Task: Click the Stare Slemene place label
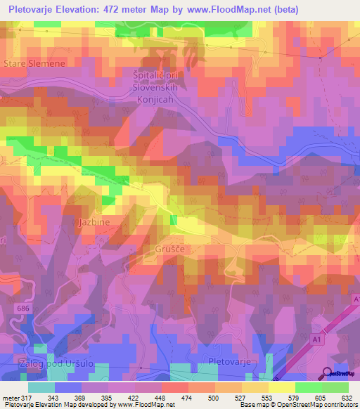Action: pos(34,63)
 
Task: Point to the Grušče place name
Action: pos(169,249)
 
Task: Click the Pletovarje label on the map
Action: pos(229,361)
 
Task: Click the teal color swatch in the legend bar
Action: pos(41,388)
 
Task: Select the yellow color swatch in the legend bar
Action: pos(282,388)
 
